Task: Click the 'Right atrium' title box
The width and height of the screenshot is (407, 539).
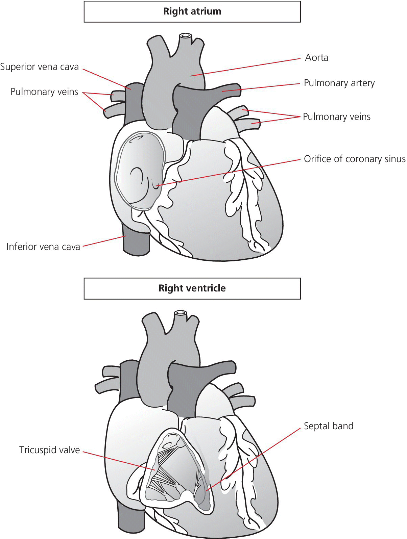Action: (192, 11)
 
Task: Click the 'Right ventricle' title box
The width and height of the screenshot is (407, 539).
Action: (192, 288)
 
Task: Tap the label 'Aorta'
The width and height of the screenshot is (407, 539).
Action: (316, 58)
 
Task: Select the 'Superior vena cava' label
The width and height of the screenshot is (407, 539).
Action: (40, 67)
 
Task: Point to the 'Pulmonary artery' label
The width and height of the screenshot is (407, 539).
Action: (339, 83)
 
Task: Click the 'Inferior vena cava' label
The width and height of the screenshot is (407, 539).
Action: (43, 247)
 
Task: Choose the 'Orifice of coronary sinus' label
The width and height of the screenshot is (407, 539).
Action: (354, 159)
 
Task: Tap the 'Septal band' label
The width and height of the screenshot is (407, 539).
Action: (329, 426)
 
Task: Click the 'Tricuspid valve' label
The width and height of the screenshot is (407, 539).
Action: (49, 450)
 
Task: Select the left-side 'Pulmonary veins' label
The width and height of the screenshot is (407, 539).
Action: (44, 92)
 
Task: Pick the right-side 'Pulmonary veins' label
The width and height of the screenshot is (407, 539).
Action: (337, 117)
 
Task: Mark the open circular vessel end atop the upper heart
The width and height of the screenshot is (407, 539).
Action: (185, 35)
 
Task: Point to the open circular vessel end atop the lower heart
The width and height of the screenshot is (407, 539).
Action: (180, 313)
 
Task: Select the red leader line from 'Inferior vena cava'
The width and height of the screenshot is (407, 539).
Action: (103, 241)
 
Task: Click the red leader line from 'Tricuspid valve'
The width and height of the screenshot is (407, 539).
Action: (118, 460)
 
